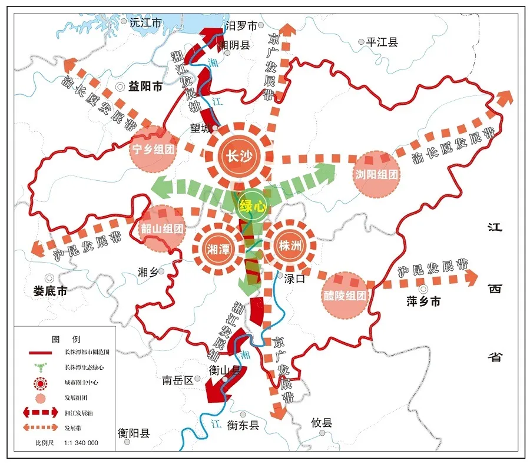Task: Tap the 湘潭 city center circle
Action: click(218, 248)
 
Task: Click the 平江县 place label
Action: click(382, 42)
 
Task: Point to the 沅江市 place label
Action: click(145, 23)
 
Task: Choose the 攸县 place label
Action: click(322, 422)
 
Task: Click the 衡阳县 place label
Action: click(134, 433)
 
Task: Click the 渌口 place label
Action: click(294, 279)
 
